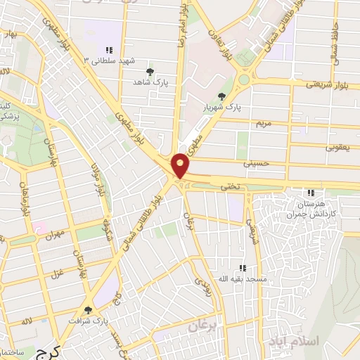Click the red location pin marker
pos(181,165)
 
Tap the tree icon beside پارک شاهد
pos(149,72)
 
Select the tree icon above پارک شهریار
pos(222,96)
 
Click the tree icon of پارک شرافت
pos(88,310)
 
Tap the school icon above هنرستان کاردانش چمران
pos(311,193)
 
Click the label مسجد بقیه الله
pos(242,279)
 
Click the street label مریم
pos(263,122)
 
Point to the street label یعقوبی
pos(337,148)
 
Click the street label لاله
pos(26,321)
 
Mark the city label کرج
pos(47,351)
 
